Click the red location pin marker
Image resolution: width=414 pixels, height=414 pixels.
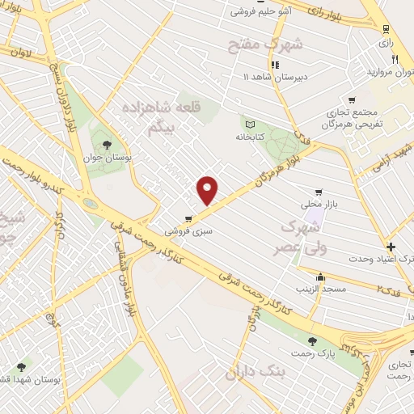209,189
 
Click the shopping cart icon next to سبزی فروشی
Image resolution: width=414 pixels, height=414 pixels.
188,218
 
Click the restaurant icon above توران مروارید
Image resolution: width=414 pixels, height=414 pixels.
395,59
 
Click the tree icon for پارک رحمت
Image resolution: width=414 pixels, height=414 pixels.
313,342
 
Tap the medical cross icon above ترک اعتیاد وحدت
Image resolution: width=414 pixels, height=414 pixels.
391,247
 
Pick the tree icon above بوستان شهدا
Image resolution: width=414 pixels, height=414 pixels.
22,366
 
